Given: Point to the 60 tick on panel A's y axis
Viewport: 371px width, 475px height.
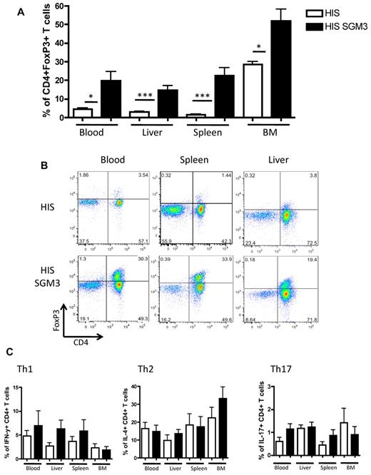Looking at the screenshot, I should [x=58, y=6].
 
